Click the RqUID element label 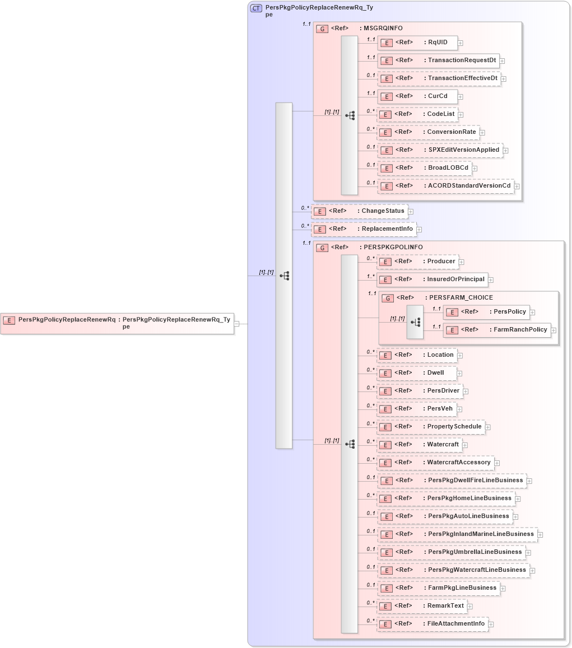[438, 43]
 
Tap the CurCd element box [417, 96]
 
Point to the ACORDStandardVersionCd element [446, 186]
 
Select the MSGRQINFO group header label [383, 29]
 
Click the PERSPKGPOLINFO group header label [393, 247]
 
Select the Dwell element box [417, 373]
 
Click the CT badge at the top [256, 8]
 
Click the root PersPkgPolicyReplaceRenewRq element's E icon [9, 320]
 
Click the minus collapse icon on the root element [237, 323]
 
